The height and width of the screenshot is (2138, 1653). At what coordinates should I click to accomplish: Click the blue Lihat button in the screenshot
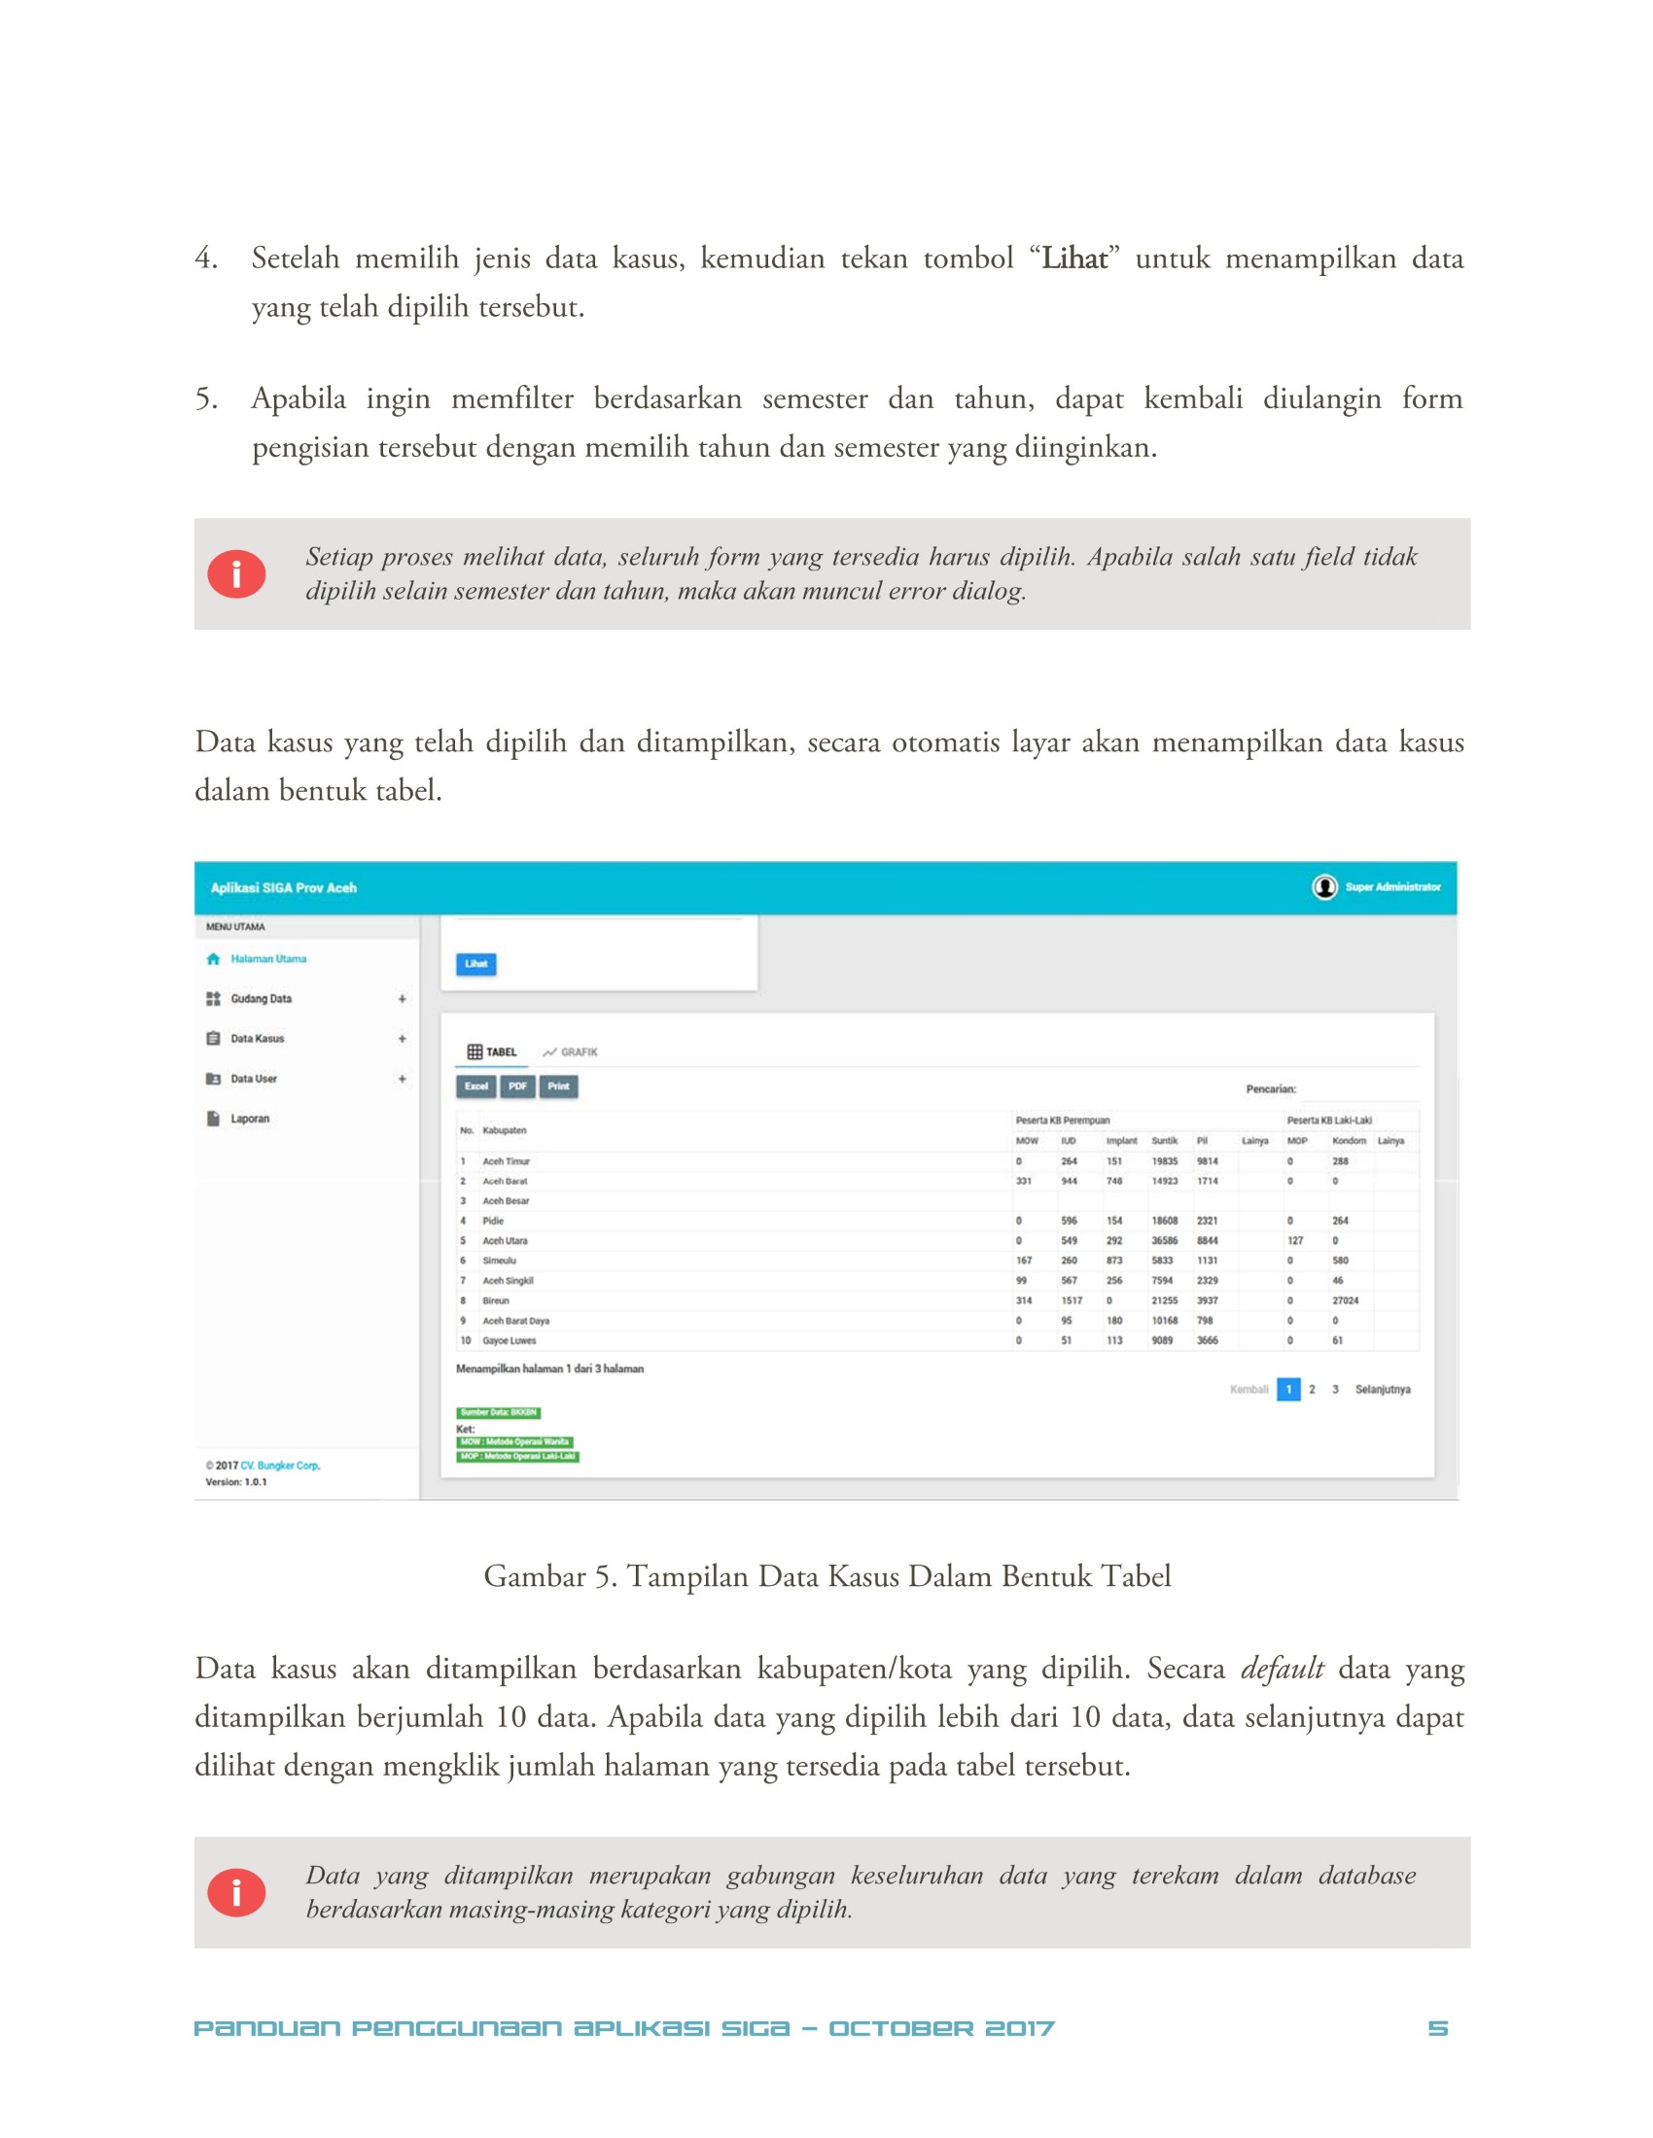point(475,964)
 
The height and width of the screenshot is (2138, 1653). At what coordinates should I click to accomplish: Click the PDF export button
point(517,1086)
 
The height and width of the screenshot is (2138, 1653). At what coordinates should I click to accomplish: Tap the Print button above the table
point(558,1086)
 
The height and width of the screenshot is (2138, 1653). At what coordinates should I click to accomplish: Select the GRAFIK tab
point(570,1052)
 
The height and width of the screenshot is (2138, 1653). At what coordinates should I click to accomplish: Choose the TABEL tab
point(492,1052)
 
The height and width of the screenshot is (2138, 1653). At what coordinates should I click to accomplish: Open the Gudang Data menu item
point(261,998)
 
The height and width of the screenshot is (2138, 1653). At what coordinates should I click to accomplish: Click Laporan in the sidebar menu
point(250,1119)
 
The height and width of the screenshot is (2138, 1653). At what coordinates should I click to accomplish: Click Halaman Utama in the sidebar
point(267,959)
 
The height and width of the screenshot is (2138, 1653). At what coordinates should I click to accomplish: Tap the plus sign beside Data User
point(402,1079)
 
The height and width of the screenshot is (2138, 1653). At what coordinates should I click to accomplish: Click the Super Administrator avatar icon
point(1324,887)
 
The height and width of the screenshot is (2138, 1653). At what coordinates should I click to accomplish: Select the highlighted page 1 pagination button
point(1287,1389)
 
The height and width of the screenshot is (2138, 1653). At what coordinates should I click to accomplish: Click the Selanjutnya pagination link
point(1382,1389)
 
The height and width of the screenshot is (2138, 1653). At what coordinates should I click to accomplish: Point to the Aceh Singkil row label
point(508,1281)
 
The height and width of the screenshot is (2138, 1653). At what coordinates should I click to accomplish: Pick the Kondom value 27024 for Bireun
point(1345,1301)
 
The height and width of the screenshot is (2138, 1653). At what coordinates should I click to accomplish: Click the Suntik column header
point(1164,1141)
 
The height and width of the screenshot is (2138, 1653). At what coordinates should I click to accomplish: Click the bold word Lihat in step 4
point(1074,259)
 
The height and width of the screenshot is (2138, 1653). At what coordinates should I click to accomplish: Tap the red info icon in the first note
point(236,573)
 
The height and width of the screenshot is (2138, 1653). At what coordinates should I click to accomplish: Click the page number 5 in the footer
point(1436,2027)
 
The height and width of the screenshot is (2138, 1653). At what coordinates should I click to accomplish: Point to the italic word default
point(1282,1668)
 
